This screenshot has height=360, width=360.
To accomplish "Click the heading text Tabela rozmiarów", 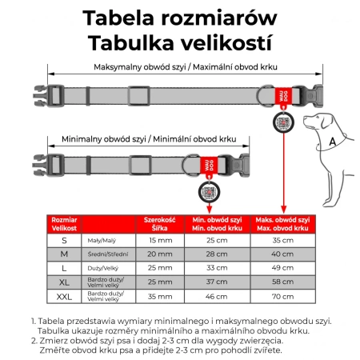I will point(180,18).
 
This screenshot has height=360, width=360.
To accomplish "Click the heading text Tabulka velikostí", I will point(180,41).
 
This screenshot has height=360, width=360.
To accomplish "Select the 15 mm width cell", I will point(159,239).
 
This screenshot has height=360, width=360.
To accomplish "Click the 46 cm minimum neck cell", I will point(217,296).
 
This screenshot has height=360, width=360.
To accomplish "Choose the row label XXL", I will point(64,296).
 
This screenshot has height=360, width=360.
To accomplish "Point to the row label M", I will point(64,254).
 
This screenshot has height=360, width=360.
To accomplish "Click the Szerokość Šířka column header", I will point(159,222).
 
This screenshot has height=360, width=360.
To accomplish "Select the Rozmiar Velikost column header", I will point(64,222).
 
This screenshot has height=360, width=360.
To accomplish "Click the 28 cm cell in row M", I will point(217,254).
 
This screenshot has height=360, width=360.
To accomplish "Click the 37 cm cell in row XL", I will point(217,282).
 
